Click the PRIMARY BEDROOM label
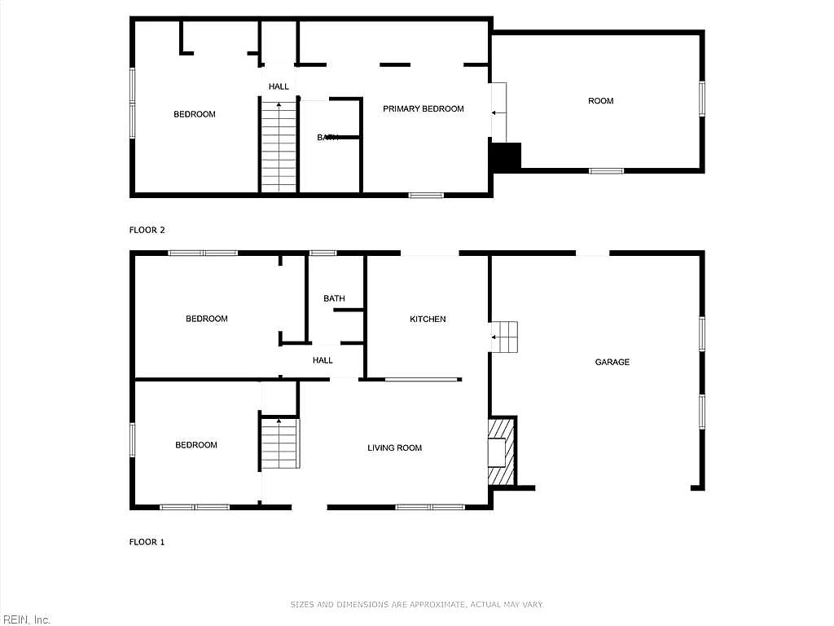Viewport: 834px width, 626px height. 424,108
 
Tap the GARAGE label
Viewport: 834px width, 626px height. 612,362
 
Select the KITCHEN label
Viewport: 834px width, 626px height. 428,319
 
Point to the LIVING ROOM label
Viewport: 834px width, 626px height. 395,447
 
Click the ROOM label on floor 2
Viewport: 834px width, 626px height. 601,100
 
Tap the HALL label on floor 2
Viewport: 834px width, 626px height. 279,86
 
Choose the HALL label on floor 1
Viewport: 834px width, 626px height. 323,360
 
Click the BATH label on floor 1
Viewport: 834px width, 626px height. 334,298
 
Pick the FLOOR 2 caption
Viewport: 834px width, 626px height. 147,230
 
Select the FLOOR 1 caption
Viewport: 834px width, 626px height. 147,542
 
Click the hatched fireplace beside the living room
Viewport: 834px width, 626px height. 502,452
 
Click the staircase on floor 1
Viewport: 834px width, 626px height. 280,443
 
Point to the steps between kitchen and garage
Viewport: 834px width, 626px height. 503,337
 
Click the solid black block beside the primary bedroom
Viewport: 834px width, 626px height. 505,156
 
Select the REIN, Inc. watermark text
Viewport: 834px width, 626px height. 25,619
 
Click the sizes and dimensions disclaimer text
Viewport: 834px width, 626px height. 417,604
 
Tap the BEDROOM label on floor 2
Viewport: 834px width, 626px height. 195,114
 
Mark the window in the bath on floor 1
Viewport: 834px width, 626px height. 323,253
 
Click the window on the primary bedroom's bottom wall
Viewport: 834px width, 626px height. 426,196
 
